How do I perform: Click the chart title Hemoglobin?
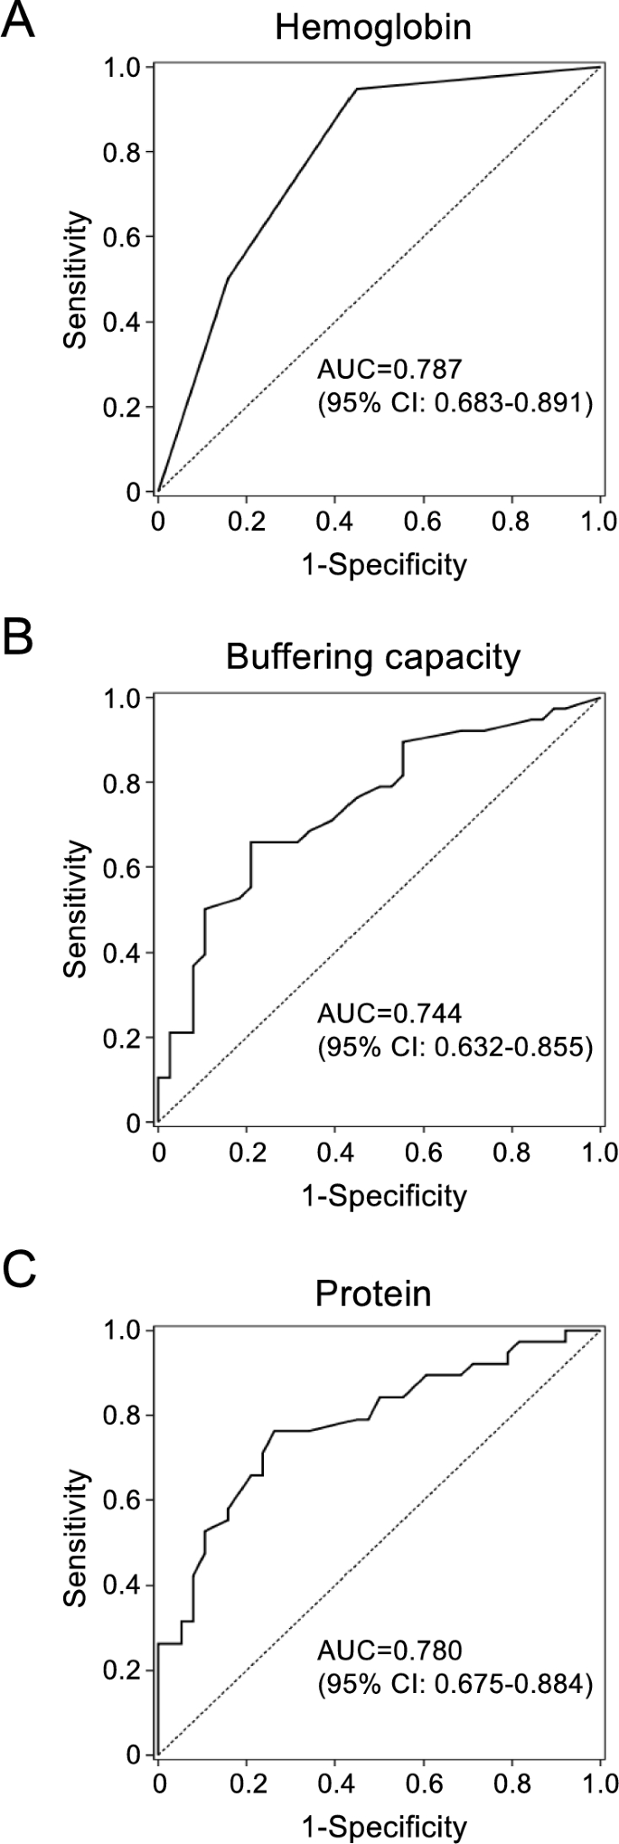(x=373, y=27)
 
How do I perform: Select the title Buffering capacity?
(x=373, y=657)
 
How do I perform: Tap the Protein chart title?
(x=373, y=1293)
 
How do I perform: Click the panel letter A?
(x=19, y=20)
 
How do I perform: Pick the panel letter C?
(x=19, y=1272)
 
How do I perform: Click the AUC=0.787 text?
(x=389, y=369)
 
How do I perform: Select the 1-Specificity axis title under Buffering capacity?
(x=384, y=1195)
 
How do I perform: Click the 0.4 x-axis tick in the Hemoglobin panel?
(x=334, y=522)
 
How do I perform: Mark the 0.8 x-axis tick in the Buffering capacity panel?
(x=511, y=1152)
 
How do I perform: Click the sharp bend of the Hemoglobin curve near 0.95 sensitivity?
(x=357, y=89)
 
